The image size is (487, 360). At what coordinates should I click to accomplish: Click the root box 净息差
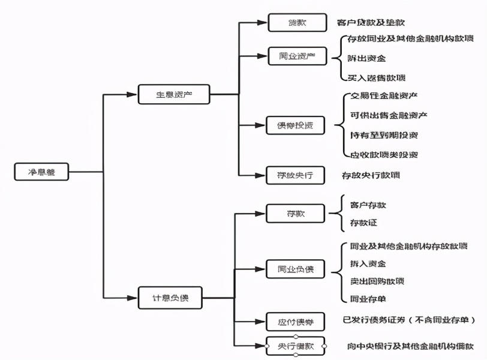41,173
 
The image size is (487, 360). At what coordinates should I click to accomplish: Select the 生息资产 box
174,94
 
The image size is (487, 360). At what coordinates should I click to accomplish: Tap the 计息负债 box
171,298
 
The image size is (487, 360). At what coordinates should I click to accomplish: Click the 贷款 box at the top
297,22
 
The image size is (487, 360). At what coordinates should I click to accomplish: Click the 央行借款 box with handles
296,346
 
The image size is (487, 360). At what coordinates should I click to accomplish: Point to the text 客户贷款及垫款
371,23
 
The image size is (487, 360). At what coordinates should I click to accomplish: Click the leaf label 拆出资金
367,58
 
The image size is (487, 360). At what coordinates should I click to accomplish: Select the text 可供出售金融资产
388,115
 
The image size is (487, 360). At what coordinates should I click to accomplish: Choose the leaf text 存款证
364,223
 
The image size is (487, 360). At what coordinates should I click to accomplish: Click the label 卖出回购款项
377,281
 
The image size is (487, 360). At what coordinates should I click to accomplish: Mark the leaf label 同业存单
368,299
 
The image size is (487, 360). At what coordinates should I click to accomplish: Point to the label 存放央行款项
371,176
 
